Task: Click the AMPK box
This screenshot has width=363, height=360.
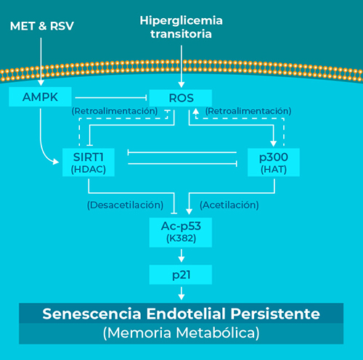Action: point(40,97)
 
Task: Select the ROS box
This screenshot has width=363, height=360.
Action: point(181,98)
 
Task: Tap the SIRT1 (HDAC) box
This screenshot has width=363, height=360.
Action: point(89,163)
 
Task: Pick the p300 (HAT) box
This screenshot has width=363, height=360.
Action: point(274,163)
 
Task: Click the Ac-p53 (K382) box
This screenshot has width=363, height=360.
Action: point(181,232)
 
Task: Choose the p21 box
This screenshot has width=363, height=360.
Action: point(181,274)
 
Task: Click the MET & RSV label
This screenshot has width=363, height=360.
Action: point(42,26)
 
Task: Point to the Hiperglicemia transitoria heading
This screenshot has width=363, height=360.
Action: point(181,27)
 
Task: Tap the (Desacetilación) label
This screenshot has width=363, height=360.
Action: point(125,205)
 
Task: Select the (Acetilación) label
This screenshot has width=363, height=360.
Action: point(229,205)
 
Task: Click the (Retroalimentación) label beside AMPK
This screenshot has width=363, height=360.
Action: point(115,111)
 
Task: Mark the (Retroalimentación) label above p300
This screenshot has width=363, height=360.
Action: point(248,111)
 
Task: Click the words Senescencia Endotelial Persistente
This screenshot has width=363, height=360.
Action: point(181,314)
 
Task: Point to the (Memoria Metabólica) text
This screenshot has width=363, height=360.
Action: point(181,332)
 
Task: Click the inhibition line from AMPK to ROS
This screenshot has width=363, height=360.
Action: point(111,98)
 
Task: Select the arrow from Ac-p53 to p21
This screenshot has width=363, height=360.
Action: point(181,255)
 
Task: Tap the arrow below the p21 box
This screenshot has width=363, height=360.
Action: point(181,293)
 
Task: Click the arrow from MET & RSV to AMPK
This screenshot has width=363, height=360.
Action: point(41,62)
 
